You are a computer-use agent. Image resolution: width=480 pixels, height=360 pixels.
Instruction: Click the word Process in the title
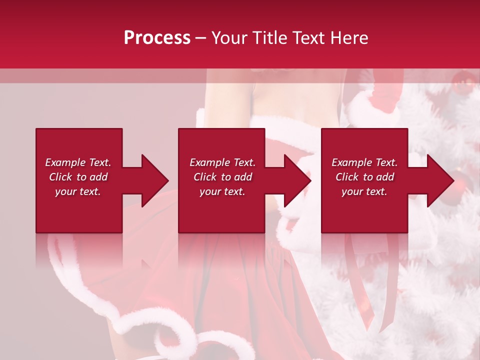click(157, 38)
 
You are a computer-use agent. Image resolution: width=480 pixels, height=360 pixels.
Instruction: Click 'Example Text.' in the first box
click(78, 162)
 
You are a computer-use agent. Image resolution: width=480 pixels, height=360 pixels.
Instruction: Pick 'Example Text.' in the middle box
click(222, 162)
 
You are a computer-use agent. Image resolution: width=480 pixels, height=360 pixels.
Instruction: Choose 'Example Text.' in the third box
click(364, 162)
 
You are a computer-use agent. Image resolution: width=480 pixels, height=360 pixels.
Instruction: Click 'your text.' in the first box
click(78, 191)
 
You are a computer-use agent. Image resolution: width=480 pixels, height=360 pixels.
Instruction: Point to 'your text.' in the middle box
click(222, 191)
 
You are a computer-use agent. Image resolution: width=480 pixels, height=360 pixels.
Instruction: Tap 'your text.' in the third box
click(364, 191)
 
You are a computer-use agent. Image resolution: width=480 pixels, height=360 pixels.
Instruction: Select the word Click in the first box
click(60, 177)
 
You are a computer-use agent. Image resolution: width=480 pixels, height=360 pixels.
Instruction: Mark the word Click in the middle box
click(205, 177)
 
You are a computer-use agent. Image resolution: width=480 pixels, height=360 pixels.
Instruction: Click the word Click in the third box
click(347, 177)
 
